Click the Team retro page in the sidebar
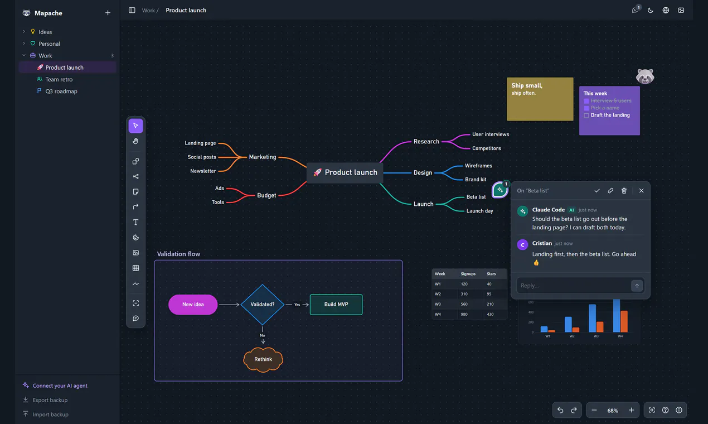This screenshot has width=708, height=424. (59, 79)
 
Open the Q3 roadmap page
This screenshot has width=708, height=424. (61, 91)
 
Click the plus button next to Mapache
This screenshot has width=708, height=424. (108, 13)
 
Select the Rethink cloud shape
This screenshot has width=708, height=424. (263, 359)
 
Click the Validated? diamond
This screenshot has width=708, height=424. (263, 305)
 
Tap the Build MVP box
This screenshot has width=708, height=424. (336, 305)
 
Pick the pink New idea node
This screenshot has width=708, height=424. (193, 305)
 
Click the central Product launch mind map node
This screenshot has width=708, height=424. (345, 172)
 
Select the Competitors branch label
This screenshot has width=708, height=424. (487, 148)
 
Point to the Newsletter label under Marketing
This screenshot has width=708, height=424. (203, 171)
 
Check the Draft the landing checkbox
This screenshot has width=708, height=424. (586, 115)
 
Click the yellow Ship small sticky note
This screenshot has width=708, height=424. (540, 99)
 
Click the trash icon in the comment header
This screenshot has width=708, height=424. (624, 190)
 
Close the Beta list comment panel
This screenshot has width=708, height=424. (641, 190)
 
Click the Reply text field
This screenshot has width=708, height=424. (573, 286)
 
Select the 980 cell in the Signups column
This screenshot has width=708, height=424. (464, 314)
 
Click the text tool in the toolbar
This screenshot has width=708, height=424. (135, 222)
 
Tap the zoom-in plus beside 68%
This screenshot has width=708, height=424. (631, 410)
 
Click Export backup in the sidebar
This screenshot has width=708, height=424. (50, 400)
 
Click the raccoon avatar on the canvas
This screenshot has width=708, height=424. (645, 76)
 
